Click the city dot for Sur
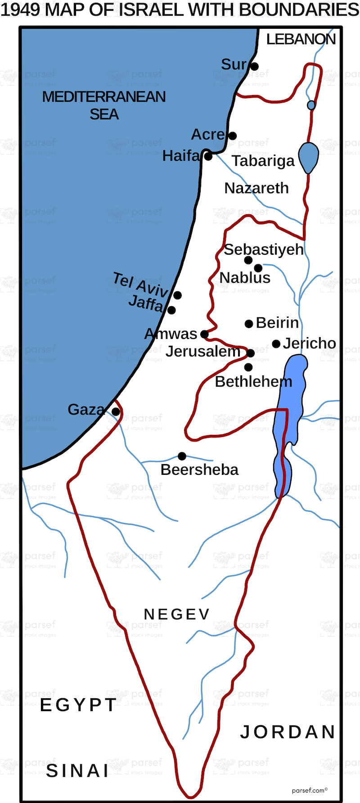[254, 67]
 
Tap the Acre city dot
[232, 136]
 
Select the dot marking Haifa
[208, 157]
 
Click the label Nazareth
[256, 188]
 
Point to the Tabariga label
[263, 161]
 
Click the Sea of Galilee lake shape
[309, 157]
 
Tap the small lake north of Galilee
[311, 105]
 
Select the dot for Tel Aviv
[177, 295]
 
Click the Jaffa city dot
[171, 310]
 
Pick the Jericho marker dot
[276, 344]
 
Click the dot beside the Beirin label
[248, 324]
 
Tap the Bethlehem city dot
[248, 367]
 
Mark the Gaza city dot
[116, 412]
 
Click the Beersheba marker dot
[182, 456]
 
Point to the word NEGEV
[176, 614]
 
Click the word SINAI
[77, 771]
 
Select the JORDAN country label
[288, 732]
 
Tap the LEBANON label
[301, 40]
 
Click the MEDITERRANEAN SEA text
[104, 105]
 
